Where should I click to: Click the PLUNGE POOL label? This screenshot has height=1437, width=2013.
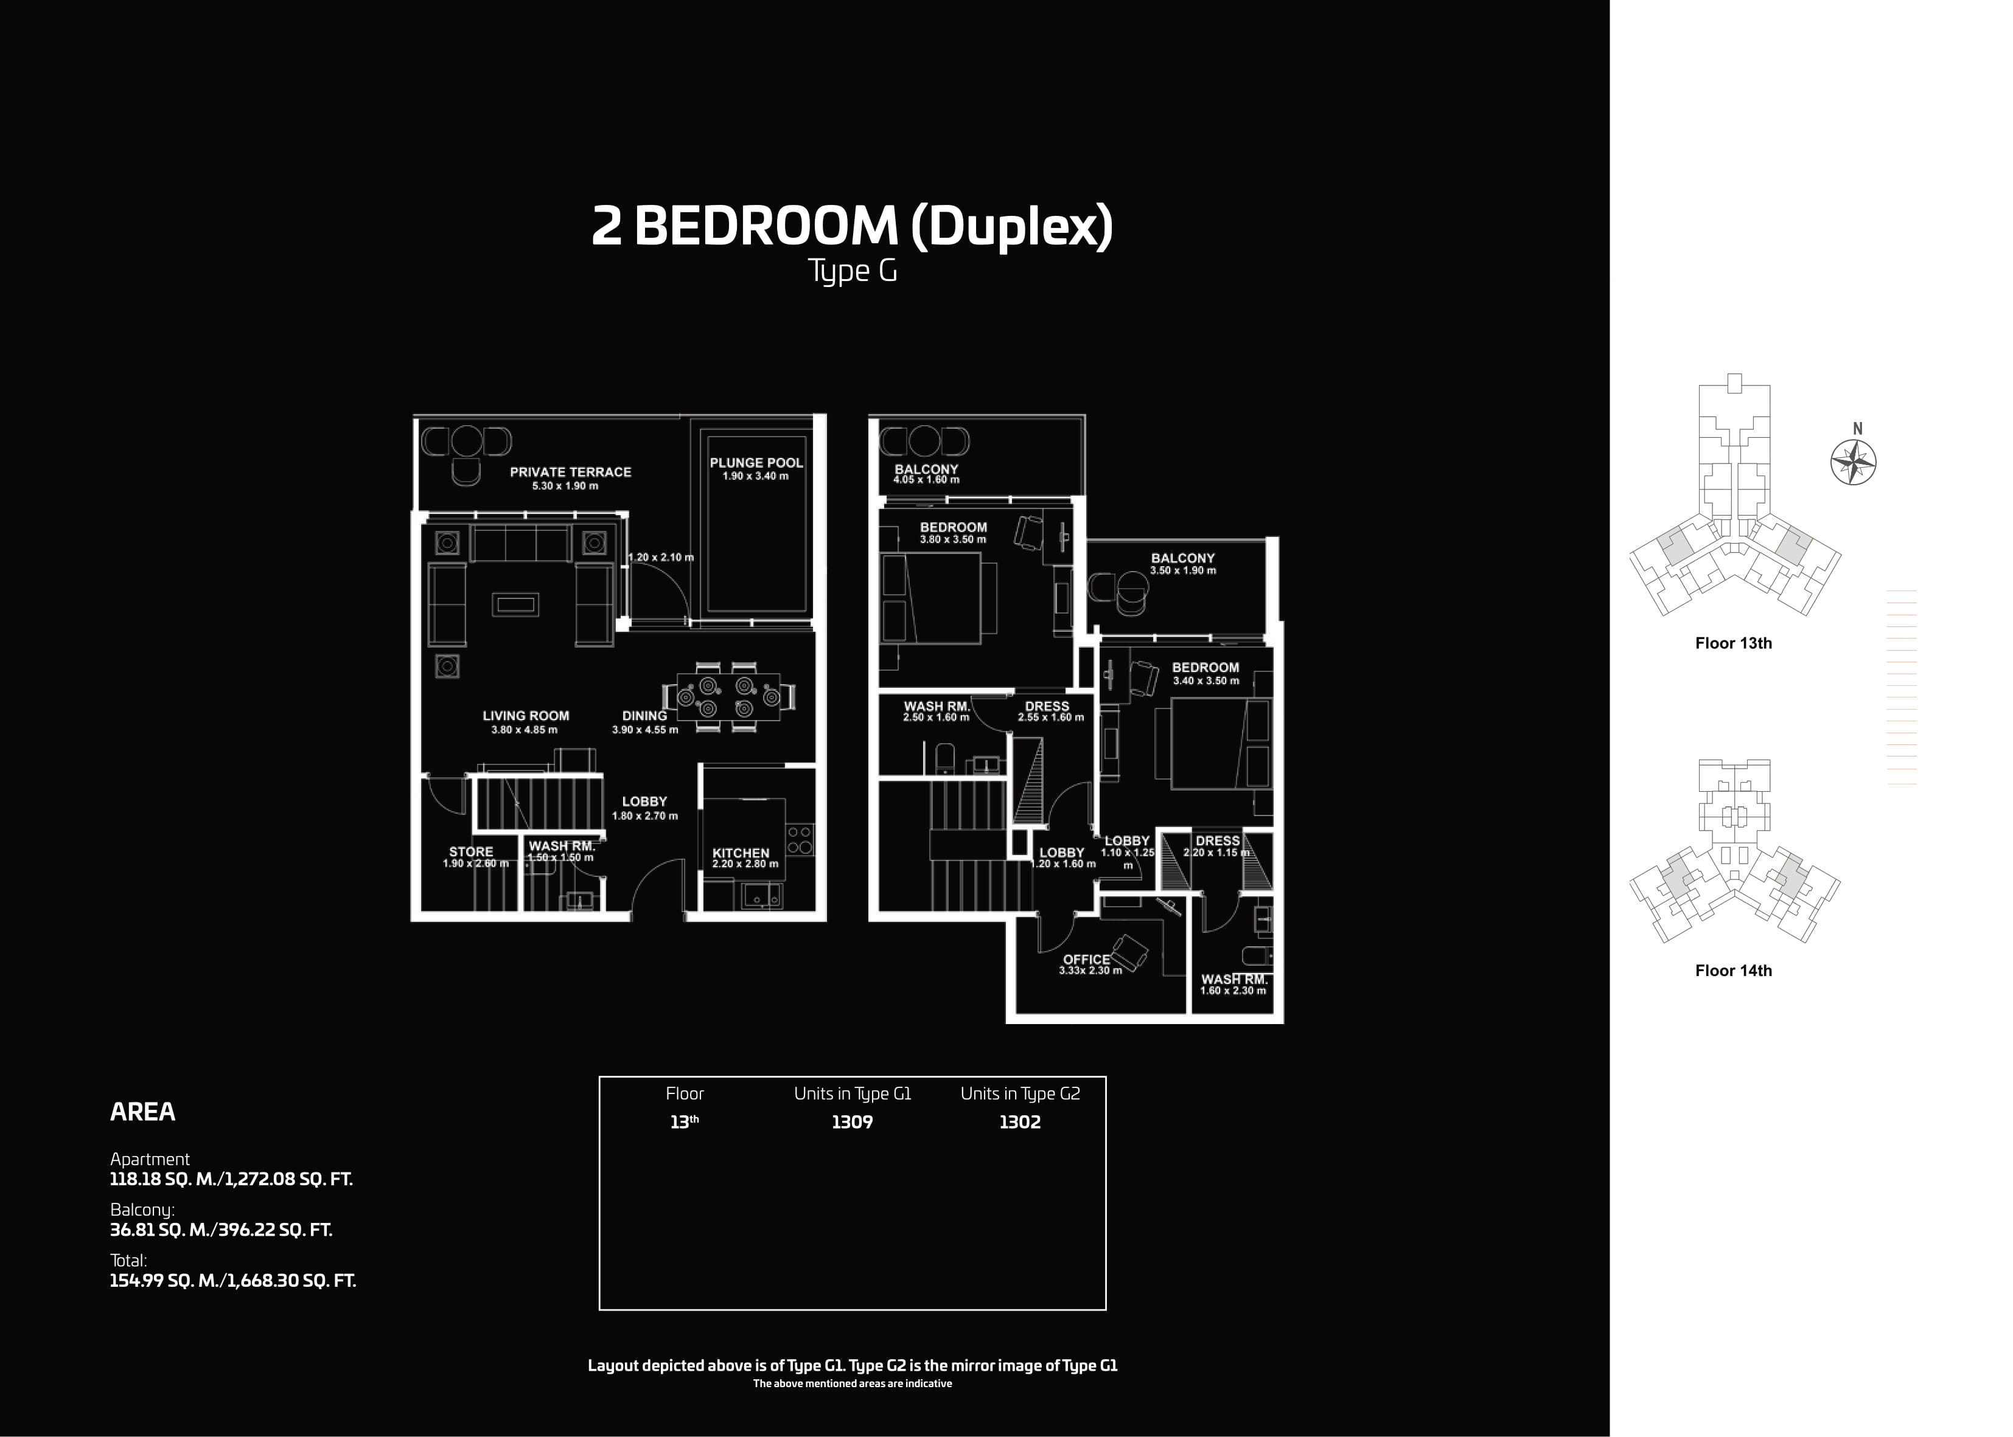[756, 463]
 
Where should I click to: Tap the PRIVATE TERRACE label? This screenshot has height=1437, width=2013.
[571, 473]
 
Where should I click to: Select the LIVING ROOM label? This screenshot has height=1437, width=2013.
[526, 716]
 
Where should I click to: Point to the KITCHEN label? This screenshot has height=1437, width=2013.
[741, 854]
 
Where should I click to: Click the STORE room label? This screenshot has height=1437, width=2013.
[471, 852]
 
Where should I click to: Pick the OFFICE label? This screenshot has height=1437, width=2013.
[1086, 959]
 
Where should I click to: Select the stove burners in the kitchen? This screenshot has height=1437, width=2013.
[800, 840]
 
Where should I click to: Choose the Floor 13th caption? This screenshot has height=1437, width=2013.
[1733, 643]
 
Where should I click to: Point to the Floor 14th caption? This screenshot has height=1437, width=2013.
[1733, 971]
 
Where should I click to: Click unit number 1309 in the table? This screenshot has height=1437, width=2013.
[851, 1122]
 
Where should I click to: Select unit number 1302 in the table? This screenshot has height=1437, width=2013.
[1020, 1122]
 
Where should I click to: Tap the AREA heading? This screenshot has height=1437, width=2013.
[142, 1112]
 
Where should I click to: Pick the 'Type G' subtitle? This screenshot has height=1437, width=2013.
[853, 271]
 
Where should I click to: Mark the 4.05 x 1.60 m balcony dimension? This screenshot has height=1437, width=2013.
[926, 480]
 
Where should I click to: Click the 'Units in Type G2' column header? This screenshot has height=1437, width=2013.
[1020, 1093]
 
